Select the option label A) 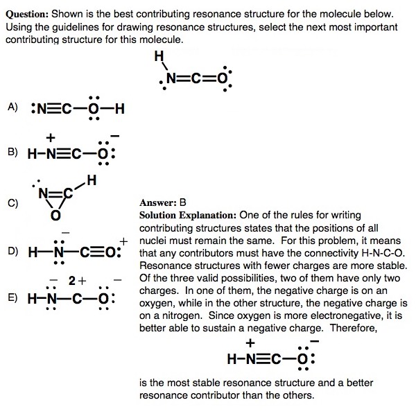coord(12,107)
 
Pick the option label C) coord(12,203)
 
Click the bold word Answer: coord(158,202)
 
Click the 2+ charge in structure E coord(76,281)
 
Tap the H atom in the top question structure coord(159,56)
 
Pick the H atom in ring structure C coord(92,182)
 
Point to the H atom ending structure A coord(119,108)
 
